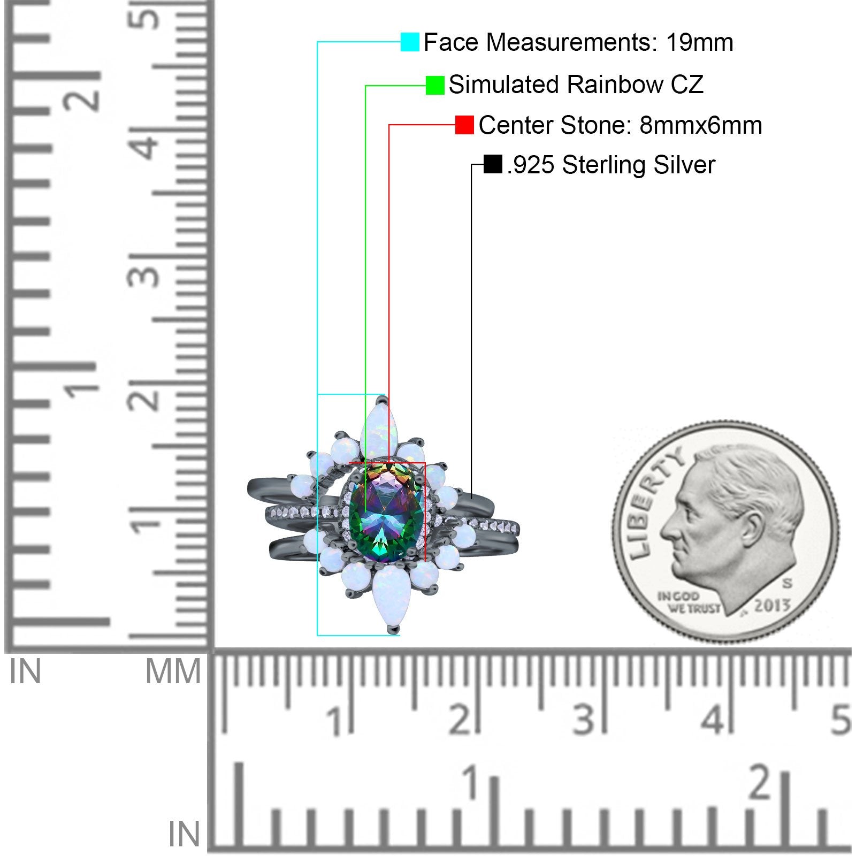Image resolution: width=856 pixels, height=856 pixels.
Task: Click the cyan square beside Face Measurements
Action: [x=410, y=42]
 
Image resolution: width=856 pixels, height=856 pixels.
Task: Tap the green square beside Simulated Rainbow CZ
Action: [x=435, y=85]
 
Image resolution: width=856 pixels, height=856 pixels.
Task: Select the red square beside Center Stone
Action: [x=464, y=125]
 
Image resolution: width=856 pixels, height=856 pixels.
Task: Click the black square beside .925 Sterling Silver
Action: [x=493, y=164]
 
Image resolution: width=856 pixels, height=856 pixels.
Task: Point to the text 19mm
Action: [x=699, y=42]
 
